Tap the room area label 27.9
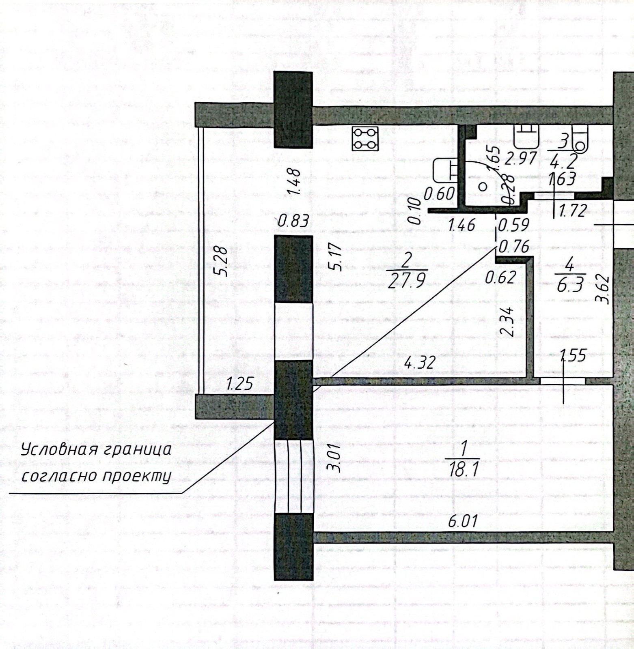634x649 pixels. pos(408,280)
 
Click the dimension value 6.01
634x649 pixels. pos(462,521)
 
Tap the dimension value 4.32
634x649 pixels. pos(420,362)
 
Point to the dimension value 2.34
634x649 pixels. pos(507,322)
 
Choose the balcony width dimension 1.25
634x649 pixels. pos(240,383)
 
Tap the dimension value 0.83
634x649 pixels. pos(295,221)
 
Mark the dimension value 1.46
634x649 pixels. pos(461,224)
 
